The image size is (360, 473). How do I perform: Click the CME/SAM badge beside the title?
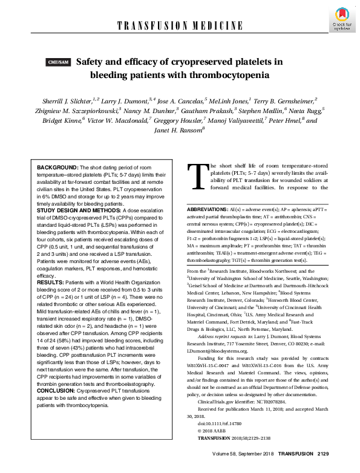click(59, 62)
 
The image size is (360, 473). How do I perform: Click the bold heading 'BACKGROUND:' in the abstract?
click(57, 166)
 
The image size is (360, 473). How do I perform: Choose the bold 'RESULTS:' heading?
click(49, 281)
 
